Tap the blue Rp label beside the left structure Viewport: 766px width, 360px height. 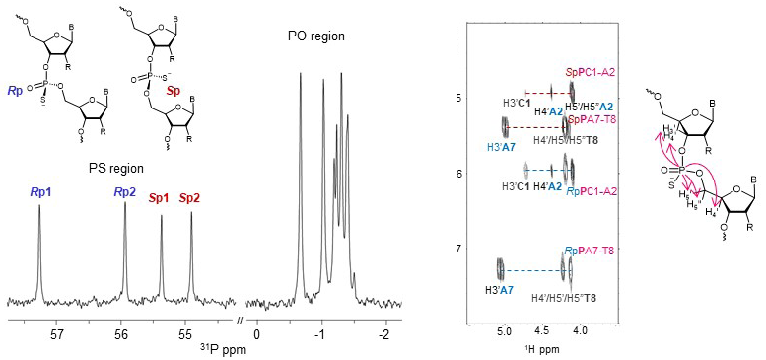click(x=15, y=91)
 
